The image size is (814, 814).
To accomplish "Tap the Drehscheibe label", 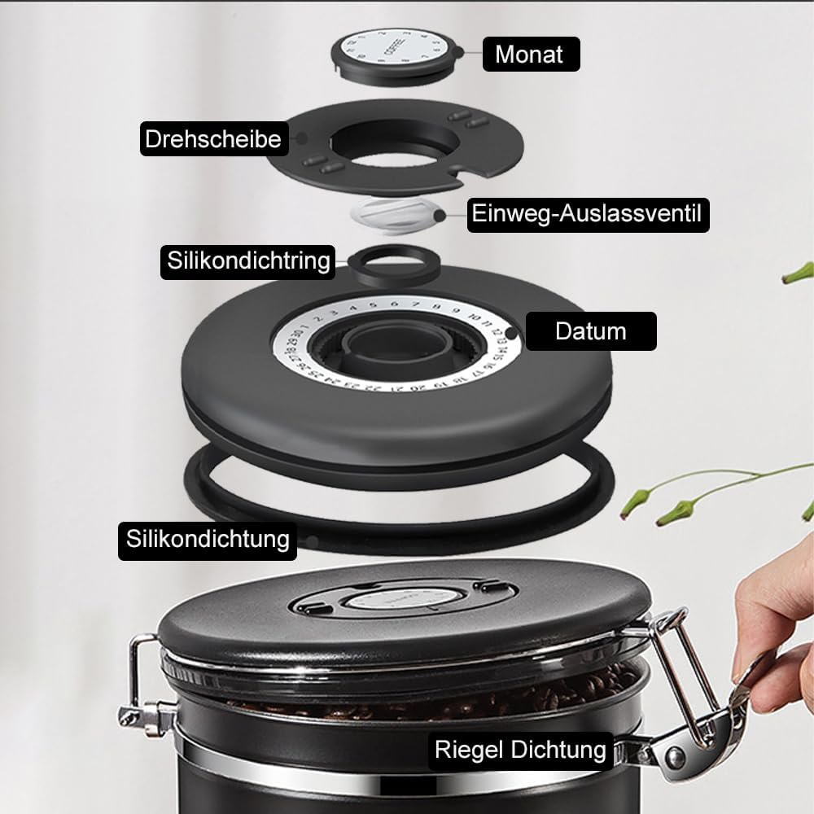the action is tap(214, 138).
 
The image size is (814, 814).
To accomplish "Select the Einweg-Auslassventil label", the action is tap(588, 214).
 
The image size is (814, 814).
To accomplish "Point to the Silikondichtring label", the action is tap(248, 261).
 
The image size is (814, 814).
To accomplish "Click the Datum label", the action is tap(591, 331).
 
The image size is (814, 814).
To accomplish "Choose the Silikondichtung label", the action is tap(208, 540).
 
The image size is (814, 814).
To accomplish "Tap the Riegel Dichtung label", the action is tap(520, 751).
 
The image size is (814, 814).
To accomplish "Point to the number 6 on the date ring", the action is tap(395, 304).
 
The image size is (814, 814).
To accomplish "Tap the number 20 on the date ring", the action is tap(416, 387).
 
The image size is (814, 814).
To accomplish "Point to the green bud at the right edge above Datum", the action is tap(799, 273).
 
